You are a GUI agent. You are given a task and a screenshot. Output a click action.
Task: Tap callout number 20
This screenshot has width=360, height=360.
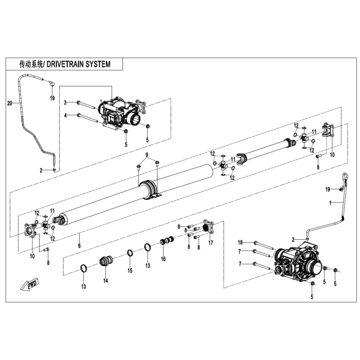(x=9, y=103)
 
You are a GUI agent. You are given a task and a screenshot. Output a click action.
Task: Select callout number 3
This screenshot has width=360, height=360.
(x=65, y=103)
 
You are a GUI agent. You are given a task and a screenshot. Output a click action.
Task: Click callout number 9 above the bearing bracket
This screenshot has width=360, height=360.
(x=146, y=155)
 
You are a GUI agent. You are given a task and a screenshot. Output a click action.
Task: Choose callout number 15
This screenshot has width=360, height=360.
(x=130, y=271)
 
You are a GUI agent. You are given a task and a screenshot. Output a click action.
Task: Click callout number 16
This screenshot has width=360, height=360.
(x=163, y=259)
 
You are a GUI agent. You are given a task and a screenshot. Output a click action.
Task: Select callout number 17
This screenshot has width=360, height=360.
(x=210, y=244)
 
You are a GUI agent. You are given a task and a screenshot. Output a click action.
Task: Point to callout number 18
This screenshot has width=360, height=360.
(x=240, y=242)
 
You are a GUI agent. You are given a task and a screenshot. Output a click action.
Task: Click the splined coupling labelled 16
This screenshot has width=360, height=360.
(x=167, y=241)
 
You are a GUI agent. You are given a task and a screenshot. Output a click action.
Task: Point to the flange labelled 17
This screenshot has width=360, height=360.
(x=207, y=226)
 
